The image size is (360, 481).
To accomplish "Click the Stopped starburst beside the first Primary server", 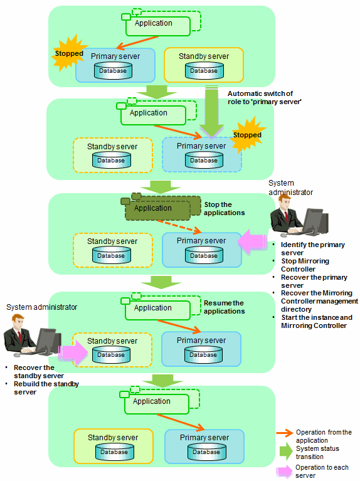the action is coord(69,53).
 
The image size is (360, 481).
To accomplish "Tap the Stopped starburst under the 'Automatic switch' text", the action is coord(247,135).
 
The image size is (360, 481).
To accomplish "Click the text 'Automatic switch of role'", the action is coord(264,98).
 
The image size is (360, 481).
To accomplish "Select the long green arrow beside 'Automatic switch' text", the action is coord(211,112).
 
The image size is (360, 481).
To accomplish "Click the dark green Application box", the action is coord(157,208).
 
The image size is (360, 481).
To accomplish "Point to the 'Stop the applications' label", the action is coord(225,209).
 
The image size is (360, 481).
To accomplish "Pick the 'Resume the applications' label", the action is coord(225,307).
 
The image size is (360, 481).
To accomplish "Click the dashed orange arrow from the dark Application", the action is coord(179,226).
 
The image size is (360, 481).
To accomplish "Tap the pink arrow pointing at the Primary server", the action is coord(252,241).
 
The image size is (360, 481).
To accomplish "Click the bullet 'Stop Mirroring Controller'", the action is coord(305,265).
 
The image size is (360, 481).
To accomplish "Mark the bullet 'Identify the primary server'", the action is coord(313,249).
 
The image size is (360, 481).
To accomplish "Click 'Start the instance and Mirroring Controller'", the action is coord(317,322).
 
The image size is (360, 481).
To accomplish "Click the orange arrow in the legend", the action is coord(285,433).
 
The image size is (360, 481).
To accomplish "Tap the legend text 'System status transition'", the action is coord(317,453).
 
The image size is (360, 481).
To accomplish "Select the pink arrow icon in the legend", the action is coord(284,471).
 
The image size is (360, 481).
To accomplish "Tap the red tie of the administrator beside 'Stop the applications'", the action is coord(287,217).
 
